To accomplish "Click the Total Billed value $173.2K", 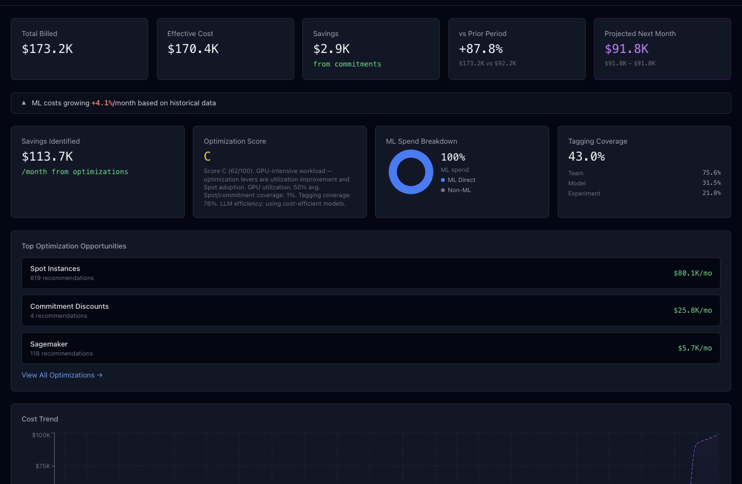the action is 47,49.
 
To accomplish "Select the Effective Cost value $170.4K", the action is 193,49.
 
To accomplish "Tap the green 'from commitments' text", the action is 347,64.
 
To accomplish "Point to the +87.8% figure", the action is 480,49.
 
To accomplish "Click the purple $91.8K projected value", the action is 626,49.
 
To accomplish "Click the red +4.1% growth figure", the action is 102,103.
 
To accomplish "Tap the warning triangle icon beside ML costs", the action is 24,103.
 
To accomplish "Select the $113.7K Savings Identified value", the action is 47,156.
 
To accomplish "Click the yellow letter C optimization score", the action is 207,156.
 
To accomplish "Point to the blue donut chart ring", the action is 393,172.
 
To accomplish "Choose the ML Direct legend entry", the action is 458,180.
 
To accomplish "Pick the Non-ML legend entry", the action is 456,190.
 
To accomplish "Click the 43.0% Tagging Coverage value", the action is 586,156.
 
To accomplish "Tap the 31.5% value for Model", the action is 712,183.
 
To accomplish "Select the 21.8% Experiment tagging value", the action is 712,193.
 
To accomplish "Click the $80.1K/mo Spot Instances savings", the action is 692,273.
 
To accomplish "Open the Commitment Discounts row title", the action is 69,306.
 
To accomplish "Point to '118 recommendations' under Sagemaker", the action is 61,354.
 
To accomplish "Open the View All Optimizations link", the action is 62,375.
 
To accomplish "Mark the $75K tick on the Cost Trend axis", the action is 43,466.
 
